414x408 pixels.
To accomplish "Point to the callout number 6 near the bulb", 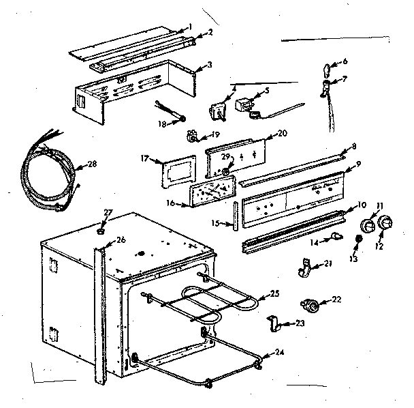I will tap(345, 61).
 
